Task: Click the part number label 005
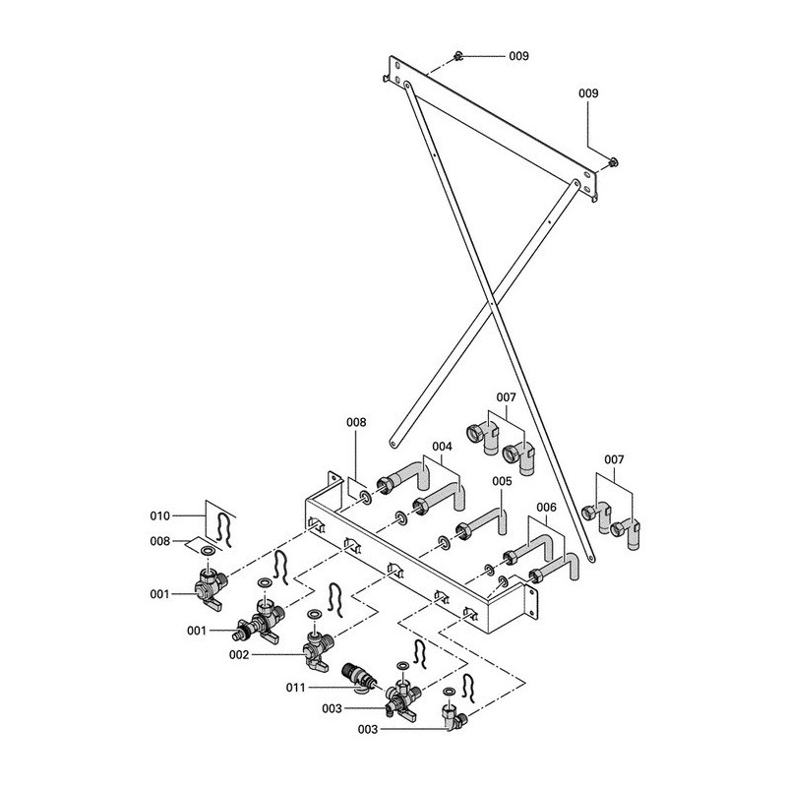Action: pos(502,481)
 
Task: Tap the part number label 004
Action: pos(442,447)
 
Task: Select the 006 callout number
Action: pos(547,508)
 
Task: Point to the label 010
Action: pos(160,515)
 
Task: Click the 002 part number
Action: pos(239,655)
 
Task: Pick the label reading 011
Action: pos(296,687)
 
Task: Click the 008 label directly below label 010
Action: pos(160,541)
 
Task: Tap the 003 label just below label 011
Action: pos(332,708)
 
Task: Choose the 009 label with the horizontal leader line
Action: pos(519,56)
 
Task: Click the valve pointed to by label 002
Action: pos(315,651)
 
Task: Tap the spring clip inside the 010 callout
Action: pos(224,528)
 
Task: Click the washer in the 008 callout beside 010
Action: pos(207,551)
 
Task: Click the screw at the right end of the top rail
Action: pos(613,162)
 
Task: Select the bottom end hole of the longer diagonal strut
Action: pos(591,557)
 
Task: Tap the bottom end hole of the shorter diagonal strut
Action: pos(393,444)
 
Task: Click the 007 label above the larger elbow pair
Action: pos(506,397)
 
